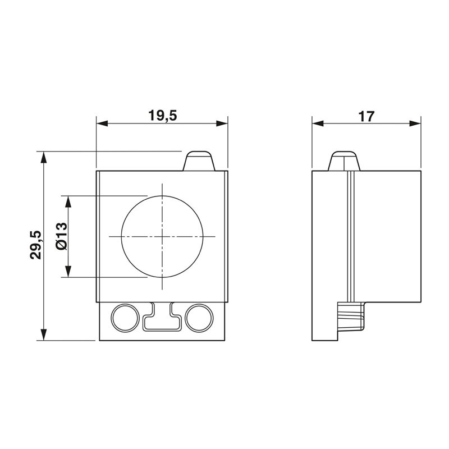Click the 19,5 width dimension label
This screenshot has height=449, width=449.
click(x=163, y=116)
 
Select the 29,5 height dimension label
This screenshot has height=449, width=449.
click(x=36, y=245)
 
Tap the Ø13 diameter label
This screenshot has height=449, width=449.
click(x=62, y=236)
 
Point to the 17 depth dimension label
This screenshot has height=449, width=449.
click(x=366, y=116)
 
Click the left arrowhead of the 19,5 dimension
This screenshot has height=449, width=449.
click(x=102, y=123)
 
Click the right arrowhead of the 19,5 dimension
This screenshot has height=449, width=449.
click(x=222, y=123)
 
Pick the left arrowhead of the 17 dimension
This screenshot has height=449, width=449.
click(x=318, y=123)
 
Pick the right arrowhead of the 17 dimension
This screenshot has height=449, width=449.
click(x=415, y=123)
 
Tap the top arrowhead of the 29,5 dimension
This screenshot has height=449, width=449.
click(x=44, y=157)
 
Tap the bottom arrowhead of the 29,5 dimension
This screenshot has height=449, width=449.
click(x=44, y=335)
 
